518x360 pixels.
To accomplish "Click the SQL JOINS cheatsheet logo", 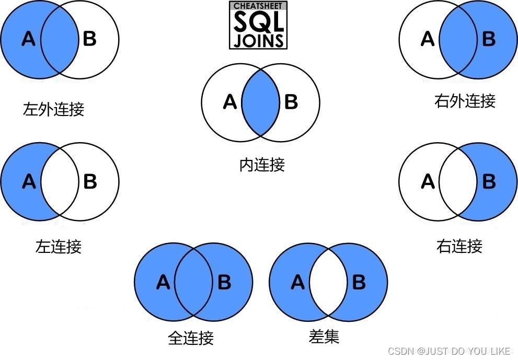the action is pyautogui.click(x=258, y=26).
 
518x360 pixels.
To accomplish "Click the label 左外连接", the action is pyautogui.click(x=53, y=109).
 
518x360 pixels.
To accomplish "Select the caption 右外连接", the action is pyautogui.click(x=465, y=100).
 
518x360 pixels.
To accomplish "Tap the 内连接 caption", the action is pyautogui.click(x=262, y=165).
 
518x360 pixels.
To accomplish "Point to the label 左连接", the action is pyautogui.click(x=59, y=246).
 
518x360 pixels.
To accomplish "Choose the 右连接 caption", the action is pyautogui.click(x=459, y=246).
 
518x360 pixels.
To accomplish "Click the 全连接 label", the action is pyautogui.click(x=191, y=338).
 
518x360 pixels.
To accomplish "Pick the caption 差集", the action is pyautogui.click(x=324, y=337).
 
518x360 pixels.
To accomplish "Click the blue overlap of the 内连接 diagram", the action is pyautogui.click(x=260, y=102).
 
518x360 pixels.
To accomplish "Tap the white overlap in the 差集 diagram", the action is pyautogui.click(x=328, y=283).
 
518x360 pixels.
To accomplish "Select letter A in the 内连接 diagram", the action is pyautogui.click(x=230, y=102).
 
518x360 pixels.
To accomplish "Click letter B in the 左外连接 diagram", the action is pyautogui.click(x=90, y=39).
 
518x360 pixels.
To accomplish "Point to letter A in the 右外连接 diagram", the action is pyautogui.click(x=428, y=39).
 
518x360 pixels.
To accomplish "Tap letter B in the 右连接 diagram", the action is pyautogui.click(x=489, y=181).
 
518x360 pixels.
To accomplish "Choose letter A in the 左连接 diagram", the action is pyautogui.click(x=29, y=181).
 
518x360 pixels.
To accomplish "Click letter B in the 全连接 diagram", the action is pyautogui.click(x=224, y=283).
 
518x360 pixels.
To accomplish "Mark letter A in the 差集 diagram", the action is pyautogui.click(x=297, y=283).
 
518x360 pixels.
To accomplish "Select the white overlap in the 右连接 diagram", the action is pyautogui.click(x=458, y=181).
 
